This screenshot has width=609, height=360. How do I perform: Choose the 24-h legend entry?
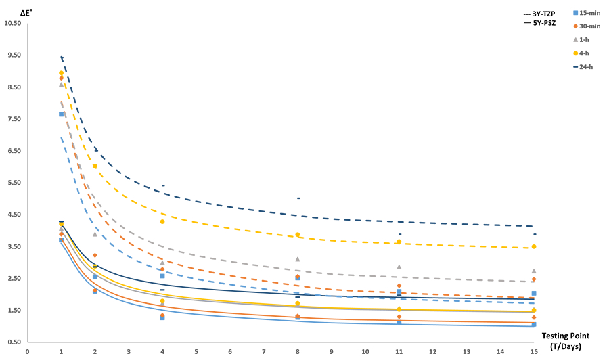586,66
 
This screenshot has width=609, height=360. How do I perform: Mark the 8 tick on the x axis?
298,351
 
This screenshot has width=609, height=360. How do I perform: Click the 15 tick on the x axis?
534,351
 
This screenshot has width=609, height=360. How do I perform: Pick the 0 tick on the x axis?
28,351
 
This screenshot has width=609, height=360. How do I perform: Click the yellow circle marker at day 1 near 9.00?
62,73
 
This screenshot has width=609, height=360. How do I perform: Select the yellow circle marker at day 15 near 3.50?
534,246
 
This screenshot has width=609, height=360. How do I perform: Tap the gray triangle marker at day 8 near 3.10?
298,259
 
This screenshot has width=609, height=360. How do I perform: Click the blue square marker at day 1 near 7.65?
61,114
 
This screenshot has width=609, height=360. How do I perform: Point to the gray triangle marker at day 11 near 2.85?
399,267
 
